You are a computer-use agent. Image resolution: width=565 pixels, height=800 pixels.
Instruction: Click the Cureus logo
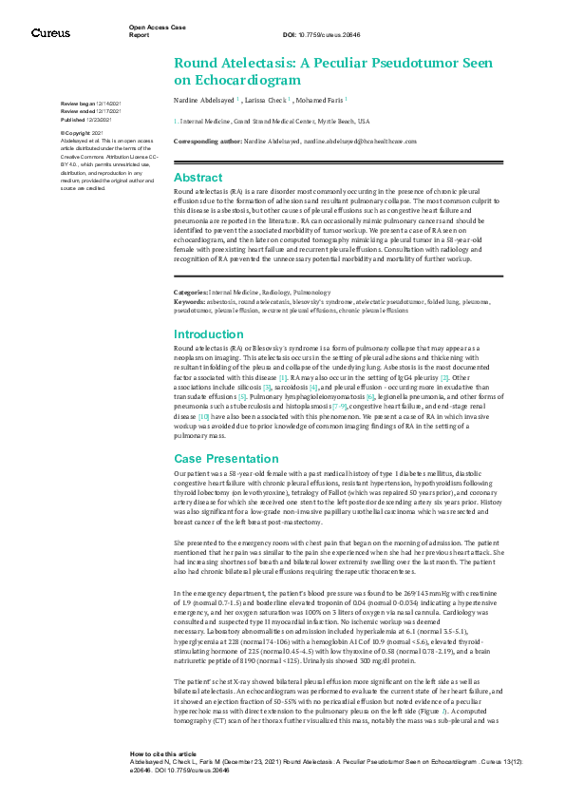(50, 32)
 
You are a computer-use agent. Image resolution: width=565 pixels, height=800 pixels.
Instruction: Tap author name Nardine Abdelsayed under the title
(205, 99)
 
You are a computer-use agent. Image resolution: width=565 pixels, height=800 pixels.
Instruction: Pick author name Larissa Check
(271, 99)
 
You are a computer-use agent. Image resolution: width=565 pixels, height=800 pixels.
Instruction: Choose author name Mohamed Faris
(321, 99)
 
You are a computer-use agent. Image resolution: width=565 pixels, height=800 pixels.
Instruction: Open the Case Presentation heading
(226, 458)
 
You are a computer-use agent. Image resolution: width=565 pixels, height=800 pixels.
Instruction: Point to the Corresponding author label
(210, 140)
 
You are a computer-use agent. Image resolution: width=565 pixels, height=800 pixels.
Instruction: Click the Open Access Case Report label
(158, 29)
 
